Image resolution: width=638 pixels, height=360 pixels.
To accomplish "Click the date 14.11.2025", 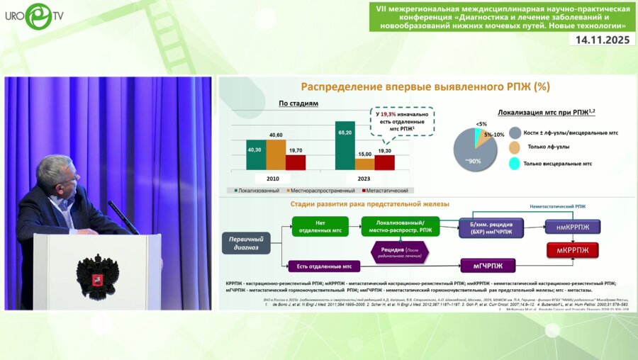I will pos(602,40).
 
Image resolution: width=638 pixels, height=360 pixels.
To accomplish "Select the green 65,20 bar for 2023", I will pos(345,145).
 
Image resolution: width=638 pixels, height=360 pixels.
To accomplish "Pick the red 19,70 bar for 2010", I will pos(296,162).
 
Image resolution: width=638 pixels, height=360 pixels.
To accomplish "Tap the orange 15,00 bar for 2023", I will pos(365,164).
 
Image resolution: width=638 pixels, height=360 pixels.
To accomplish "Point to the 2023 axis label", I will pos(365,178).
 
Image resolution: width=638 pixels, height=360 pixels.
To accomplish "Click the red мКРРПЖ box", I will pos(572,249).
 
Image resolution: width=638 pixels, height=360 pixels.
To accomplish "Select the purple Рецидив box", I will pos(401,252).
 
